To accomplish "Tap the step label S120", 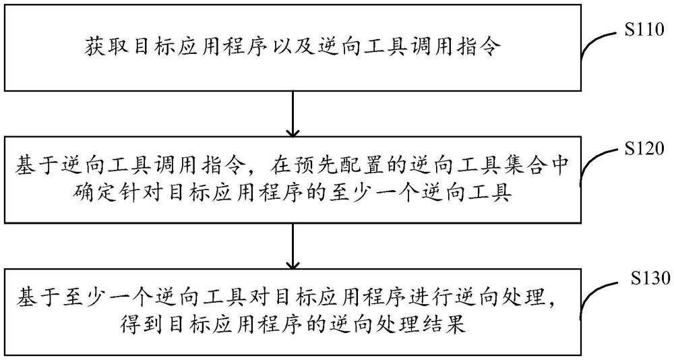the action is (644, 149).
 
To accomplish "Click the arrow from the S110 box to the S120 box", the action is (293, 113).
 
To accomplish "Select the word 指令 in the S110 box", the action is (479, 47).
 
